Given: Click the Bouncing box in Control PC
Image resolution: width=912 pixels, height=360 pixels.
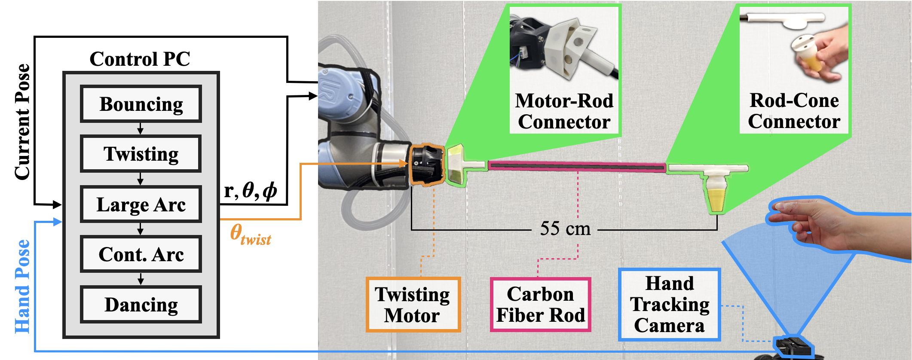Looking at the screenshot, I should click(x=141, y=104).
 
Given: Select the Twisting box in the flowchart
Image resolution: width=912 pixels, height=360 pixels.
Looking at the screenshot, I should click(x=141, y=154).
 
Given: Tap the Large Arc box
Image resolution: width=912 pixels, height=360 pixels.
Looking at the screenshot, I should click(x=141, y=204).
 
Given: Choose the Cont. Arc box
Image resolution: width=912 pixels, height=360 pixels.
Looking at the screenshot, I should click(x=141, y=254).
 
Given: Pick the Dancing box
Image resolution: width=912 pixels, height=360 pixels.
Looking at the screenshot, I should click(x=141, y=305).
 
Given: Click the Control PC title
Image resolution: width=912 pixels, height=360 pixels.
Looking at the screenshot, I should click(x=140, y=59).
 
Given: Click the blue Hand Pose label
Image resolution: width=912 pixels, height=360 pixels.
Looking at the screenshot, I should click(x=22, y=286).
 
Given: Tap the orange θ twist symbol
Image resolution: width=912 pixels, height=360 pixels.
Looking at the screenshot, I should click(x=251, y=235).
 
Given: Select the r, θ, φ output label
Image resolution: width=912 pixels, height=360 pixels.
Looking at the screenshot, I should click(x=251, y=190).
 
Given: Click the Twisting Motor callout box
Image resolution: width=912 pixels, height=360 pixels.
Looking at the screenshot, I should click(x=413, y=305).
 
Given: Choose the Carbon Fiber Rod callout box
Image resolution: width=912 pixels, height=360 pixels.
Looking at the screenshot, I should click(x=541, y=305).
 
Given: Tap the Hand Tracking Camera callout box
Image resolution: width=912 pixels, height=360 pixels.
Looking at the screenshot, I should click(x=669, y=305).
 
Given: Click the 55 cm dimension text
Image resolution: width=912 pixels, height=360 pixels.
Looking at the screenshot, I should click(x=565, y=228).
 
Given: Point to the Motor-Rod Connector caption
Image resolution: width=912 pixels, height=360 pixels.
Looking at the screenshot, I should click(x=564, y=111).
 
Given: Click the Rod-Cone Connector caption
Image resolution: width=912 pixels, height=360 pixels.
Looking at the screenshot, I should click(x=794, y=111).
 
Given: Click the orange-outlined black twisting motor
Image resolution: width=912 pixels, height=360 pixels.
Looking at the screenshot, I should click(x=426, y=165).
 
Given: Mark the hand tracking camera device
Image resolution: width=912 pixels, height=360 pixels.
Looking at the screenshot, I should click(x=793, y=346).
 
